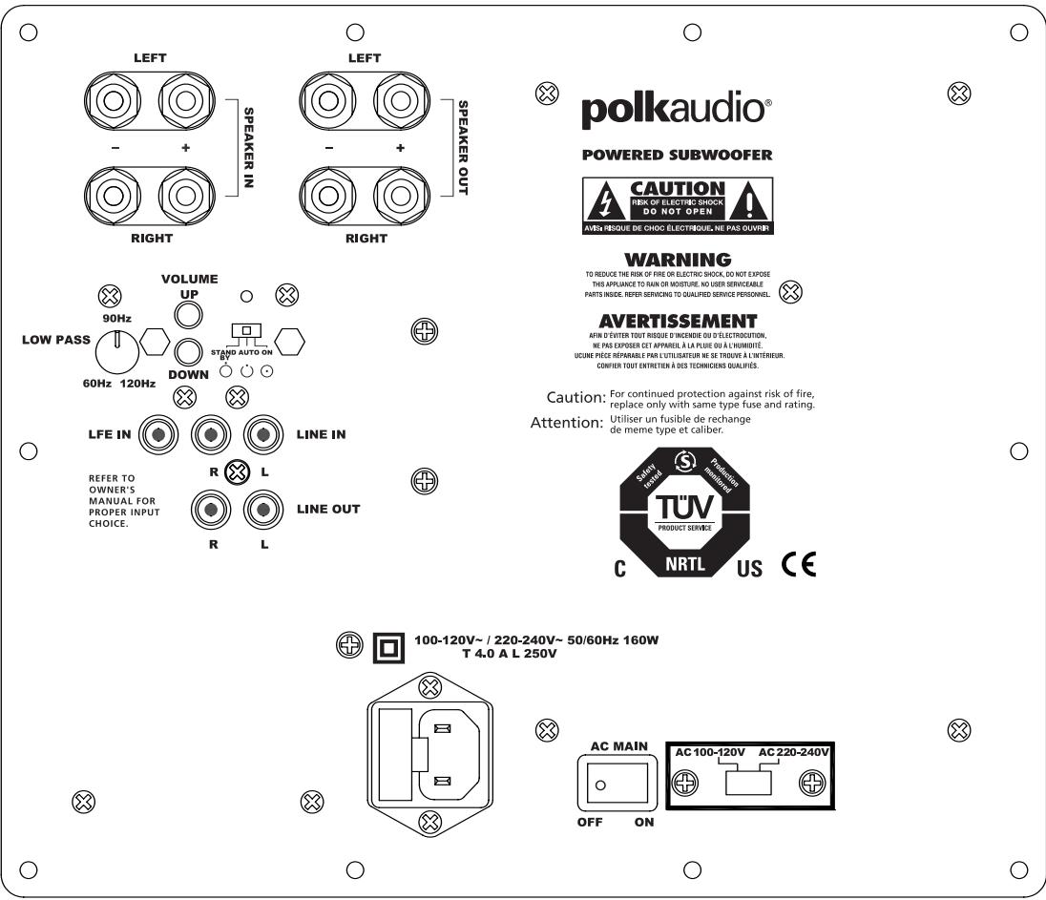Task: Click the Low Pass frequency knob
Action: point(117,351)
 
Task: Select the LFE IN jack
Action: point(158,435)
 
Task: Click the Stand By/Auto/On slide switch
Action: point(246,330)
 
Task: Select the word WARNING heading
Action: point(678,260)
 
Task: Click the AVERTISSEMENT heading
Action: point(677,321)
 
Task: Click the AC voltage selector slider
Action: point(748,784)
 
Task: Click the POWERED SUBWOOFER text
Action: point(677,155)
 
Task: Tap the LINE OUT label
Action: point(327,509)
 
